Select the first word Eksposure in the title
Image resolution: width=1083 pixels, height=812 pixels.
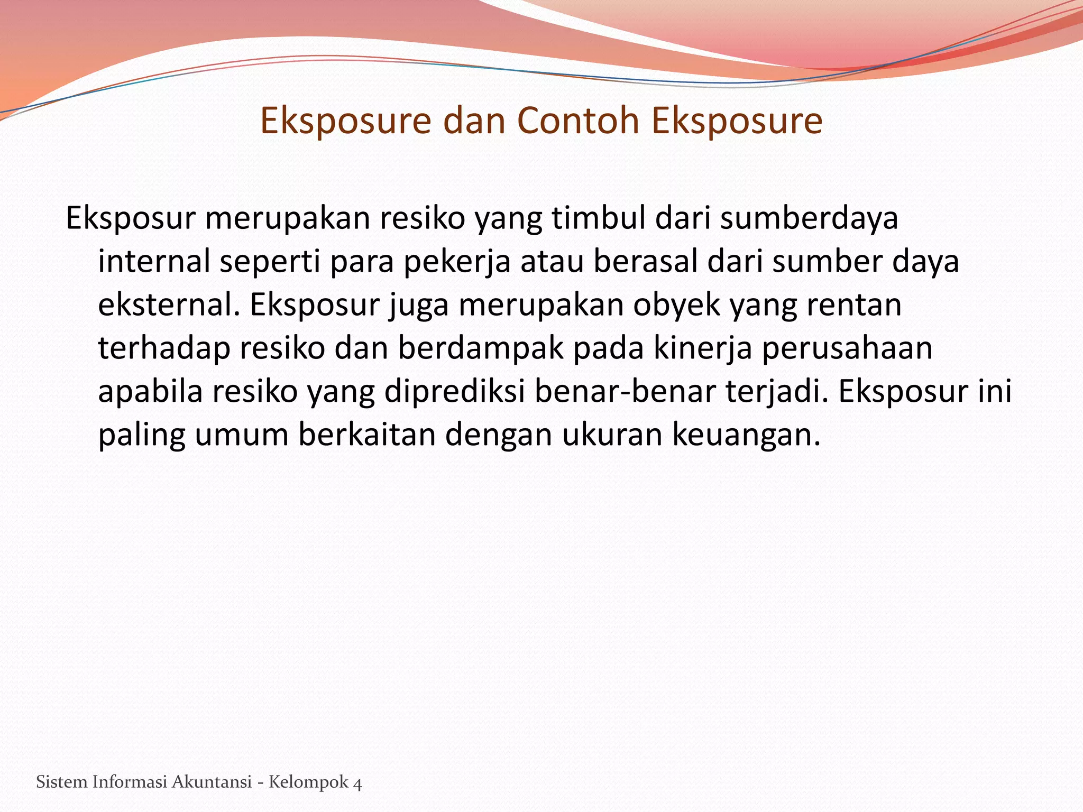(345, 121)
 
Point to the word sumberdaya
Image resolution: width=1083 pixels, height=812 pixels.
(809, 218)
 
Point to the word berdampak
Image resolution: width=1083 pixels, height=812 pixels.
(481, 349)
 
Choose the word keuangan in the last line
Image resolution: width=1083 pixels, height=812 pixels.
(746, 436)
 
